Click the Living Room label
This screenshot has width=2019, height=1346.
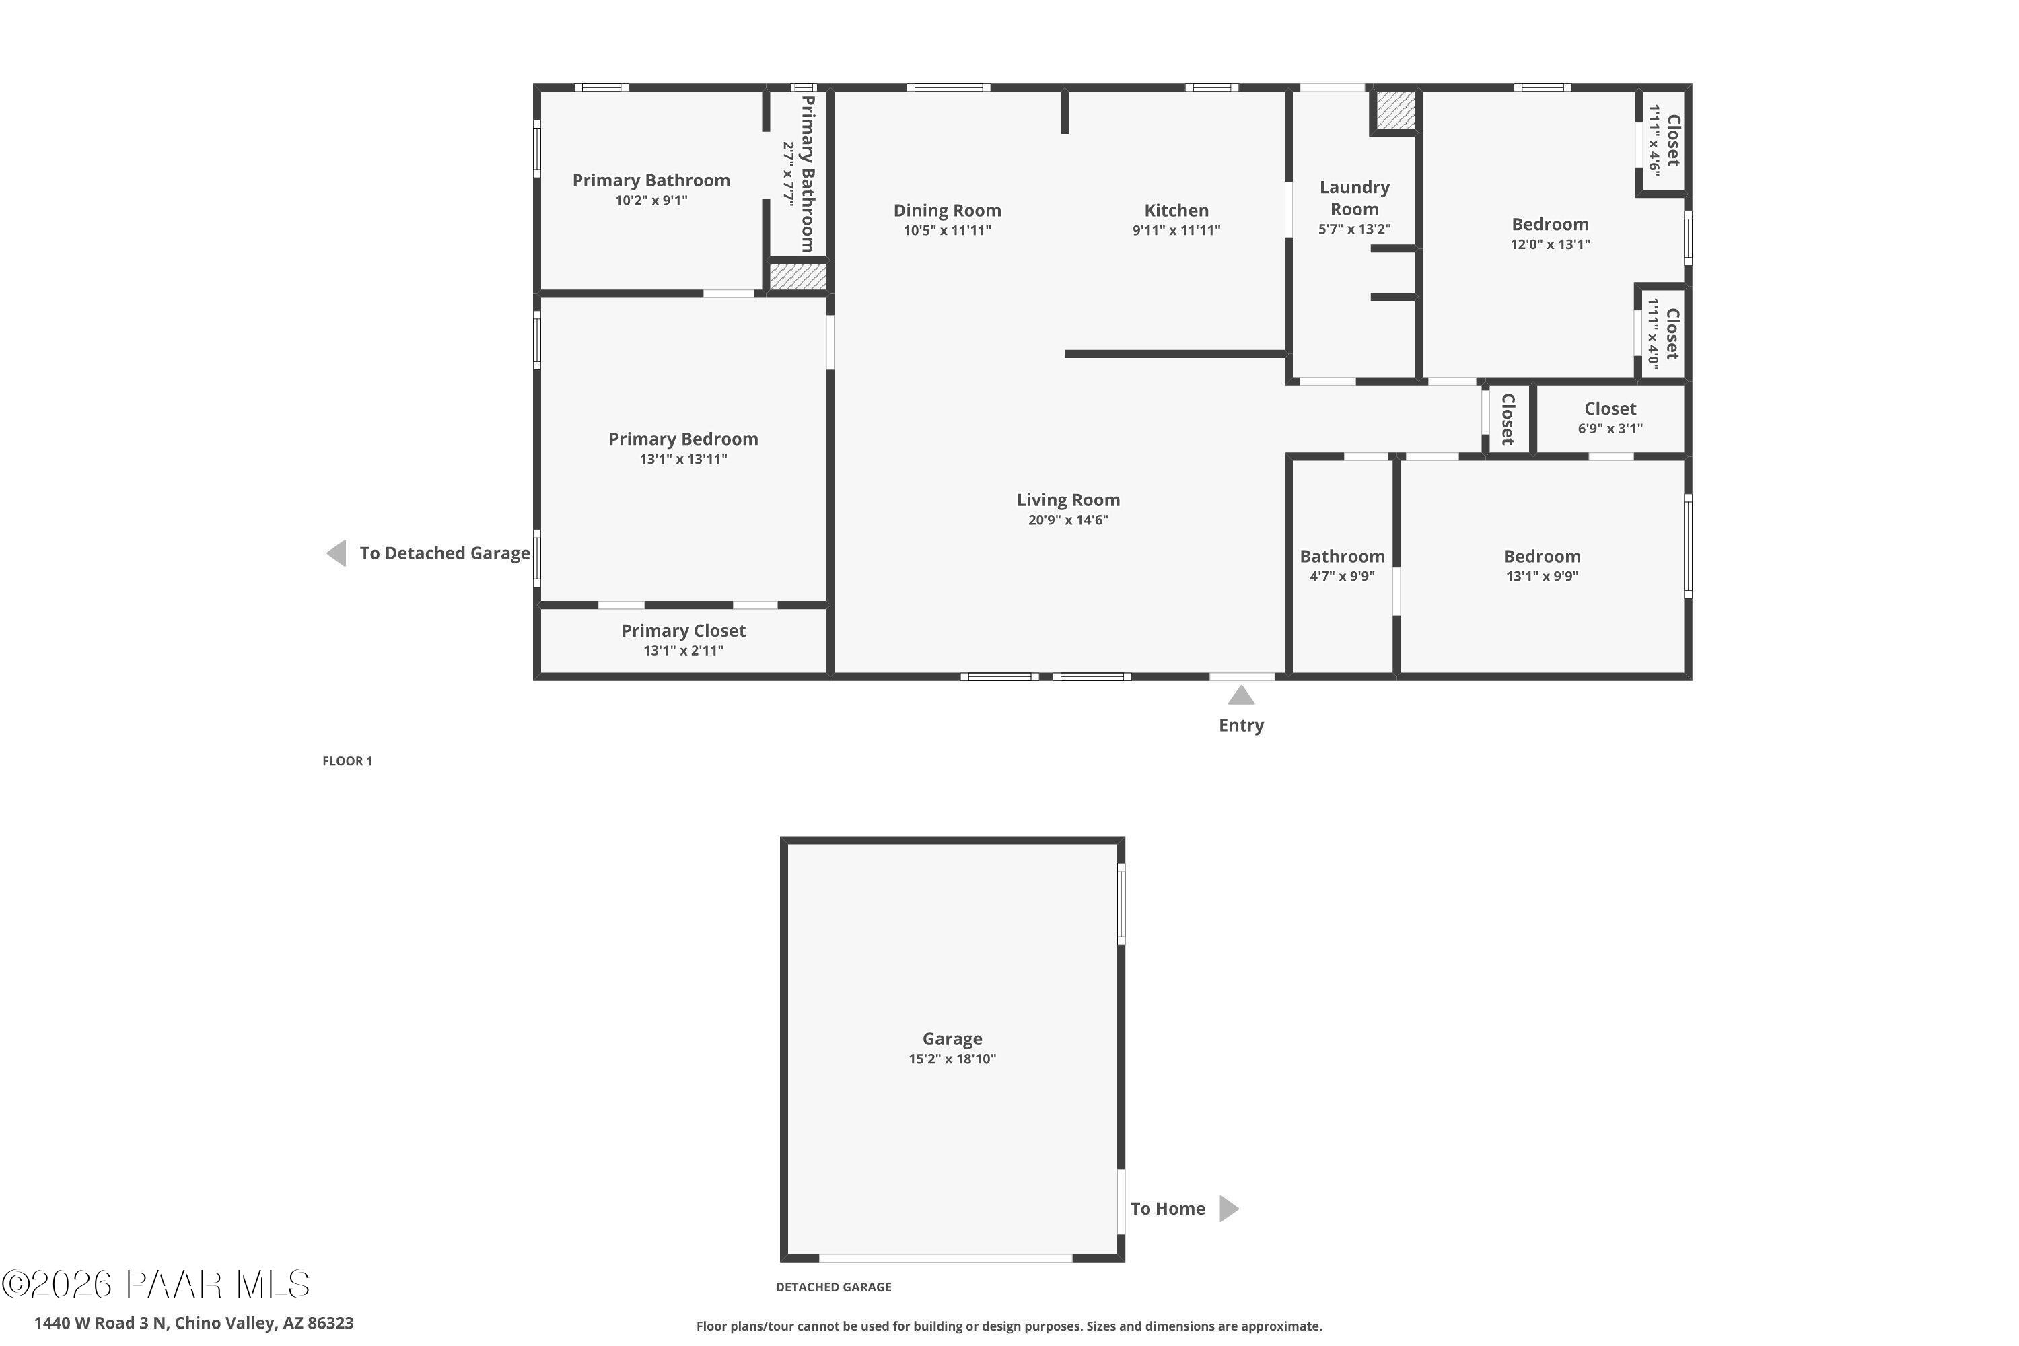coord(1068,499)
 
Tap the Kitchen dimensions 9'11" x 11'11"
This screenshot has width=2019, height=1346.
coord(1176,230)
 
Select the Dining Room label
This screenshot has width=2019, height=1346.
coord(947,210)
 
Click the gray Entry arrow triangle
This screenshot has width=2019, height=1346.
coord(1240,695)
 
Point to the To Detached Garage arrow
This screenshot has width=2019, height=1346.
coord(336,553)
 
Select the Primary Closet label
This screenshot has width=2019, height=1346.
coord(683,630)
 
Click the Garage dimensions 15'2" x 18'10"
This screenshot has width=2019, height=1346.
coord(952,1059)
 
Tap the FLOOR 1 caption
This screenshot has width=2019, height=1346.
coord(347,760)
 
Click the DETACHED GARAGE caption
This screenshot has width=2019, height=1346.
coord(833,1287)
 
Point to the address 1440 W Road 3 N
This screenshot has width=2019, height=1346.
coord(193,1323)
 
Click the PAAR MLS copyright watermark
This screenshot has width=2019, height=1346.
coord(155,1285)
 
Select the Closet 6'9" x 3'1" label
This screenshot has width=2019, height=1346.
coord(1610,409)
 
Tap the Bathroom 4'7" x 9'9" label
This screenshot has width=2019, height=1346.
coord(1342,557)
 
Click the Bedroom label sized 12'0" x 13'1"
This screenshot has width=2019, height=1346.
coord(1549,224)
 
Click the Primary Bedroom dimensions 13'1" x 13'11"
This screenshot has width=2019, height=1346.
coord(683,459)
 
